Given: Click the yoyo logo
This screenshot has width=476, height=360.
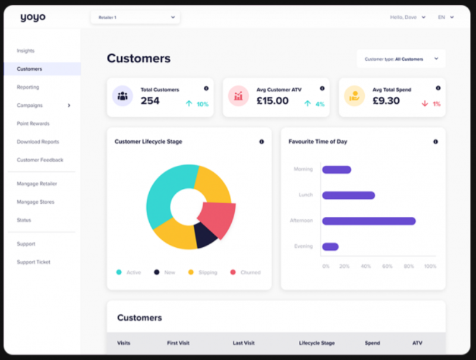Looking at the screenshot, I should point(33,17).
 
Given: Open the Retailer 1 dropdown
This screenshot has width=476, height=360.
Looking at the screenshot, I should point(135,17).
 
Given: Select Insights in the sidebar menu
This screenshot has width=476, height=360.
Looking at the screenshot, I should point(26,51).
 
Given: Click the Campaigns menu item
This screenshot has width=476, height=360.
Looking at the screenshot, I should point(30,106).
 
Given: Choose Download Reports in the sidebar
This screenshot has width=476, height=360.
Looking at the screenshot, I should point(38,142).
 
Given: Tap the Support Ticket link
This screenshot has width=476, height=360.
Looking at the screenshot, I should point(33,262).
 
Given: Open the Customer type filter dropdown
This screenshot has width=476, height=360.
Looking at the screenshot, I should point(401,59).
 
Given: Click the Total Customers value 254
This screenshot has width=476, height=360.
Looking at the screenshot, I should point(150,101).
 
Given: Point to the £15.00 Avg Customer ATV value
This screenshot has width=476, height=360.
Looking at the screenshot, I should point(272,101).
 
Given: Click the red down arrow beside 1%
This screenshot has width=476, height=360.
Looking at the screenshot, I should point(424,103).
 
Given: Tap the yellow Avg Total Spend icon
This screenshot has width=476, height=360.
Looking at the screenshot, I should point(354,96).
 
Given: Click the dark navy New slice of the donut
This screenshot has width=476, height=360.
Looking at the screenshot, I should point(205,235).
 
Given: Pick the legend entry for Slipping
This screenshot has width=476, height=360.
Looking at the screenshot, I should point(203,272).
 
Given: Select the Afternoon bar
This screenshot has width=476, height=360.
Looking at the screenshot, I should point(368,221).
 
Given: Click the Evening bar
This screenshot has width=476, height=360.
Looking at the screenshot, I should point(330,247).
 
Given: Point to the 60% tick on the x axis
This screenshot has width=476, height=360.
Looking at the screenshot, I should point(387,266).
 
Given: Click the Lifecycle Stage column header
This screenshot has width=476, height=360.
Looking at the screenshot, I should point(316,343).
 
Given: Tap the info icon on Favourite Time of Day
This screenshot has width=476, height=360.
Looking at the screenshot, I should point(435,142).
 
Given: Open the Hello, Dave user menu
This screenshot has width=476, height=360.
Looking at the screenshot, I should point(408,17).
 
